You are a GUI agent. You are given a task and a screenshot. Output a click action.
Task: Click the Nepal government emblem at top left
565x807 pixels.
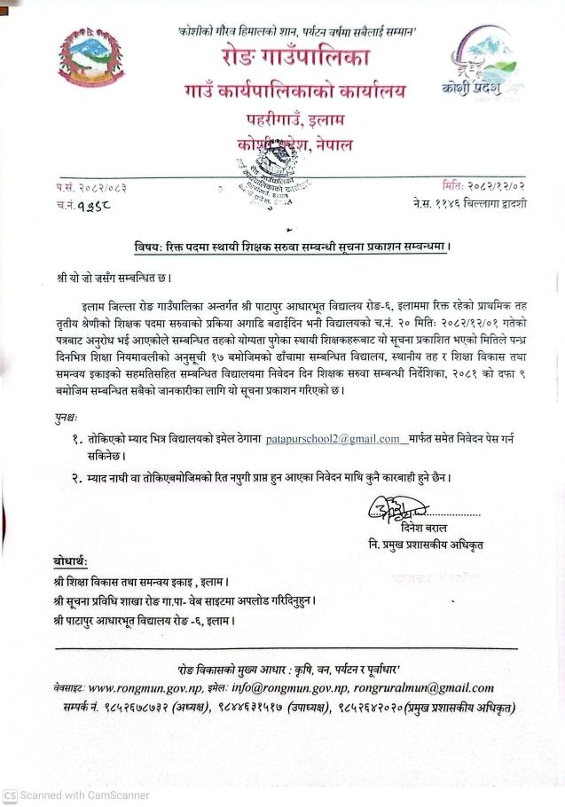click(91, 59)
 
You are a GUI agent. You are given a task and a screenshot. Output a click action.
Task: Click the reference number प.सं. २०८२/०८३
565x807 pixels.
click(90, 187)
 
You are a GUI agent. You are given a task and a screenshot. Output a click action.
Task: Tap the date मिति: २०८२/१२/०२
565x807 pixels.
click(484, 186)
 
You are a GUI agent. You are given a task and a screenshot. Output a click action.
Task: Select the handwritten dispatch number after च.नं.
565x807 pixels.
click(99, 206)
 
